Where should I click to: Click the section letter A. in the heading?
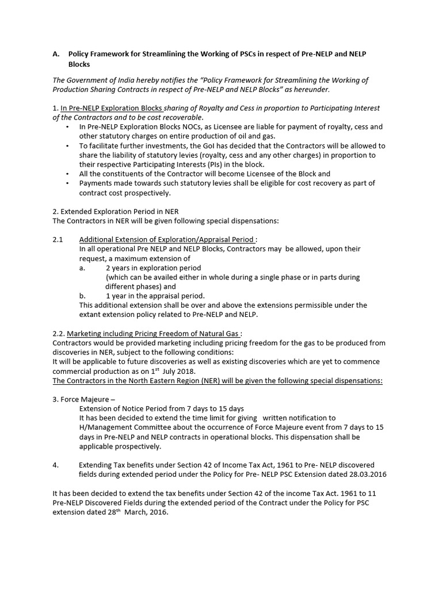pyautogui.click(x=56, y=53)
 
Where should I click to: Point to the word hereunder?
pyautogui.click(x=310, y=89)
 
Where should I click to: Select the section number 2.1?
pyautogui.click(x=59, y=239)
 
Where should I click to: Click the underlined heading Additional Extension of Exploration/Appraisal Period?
pyautogui.click(x=166, y=239)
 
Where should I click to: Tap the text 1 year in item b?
pyautogui.click(x=117, y=296)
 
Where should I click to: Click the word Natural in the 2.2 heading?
pyautogui.click(x=209, y=334)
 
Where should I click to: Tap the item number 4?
pyautogui.click(x=55, y=465)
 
